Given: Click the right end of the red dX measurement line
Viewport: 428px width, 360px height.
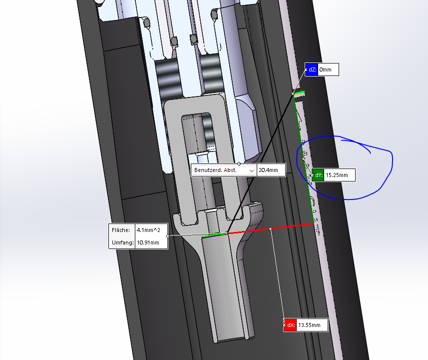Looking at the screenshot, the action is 314,224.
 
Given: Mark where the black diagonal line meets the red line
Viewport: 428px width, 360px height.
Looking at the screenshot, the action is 227,233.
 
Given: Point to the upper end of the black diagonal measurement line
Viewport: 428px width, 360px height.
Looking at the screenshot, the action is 294,94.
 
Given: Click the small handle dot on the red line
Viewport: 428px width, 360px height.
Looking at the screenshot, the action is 271,228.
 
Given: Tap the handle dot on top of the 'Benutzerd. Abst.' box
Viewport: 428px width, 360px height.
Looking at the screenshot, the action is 239,163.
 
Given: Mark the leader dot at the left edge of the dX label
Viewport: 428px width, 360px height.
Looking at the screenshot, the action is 285,325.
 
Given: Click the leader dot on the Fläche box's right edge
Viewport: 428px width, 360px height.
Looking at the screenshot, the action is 168,236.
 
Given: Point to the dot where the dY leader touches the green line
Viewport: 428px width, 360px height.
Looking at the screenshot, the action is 303,159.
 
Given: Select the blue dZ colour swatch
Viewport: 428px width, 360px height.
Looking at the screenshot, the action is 312,69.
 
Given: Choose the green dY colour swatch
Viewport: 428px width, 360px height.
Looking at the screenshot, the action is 318,175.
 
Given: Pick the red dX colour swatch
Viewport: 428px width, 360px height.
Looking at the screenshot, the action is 291,325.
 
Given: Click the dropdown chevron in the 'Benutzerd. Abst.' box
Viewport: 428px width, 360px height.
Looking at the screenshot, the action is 251,170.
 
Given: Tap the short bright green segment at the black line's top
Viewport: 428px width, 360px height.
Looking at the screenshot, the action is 299,92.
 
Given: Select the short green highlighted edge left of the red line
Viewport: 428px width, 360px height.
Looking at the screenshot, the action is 215,235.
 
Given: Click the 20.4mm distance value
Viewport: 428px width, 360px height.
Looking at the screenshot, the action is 268,170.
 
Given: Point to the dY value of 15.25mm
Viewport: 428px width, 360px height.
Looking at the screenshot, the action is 337,175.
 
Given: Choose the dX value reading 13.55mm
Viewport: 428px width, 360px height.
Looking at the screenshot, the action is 309,325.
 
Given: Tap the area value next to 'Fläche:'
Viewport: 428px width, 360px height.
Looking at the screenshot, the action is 148,230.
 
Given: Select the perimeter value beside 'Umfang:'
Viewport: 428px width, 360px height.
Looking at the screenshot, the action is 148,242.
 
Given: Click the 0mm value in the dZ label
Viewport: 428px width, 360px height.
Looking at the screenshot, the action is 325,69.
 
